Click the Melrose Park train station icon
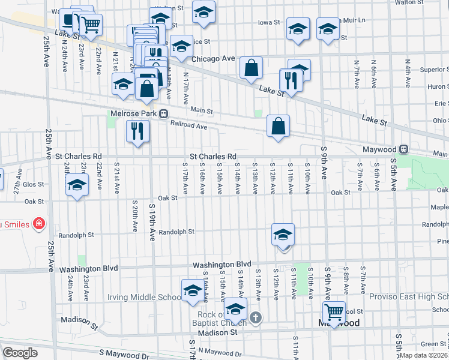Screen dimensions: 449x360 pos(163,113)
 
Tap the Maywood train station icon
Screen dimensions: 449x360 pos(404,149)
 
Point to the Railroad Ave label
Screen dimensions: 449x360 pos(188,127)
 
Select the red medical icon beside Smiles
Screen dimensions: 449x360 pos(40,223)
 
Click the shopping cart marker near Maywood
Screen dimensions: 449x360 pos(334,311)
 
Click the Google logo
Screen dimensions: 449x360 pos(20,352)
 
